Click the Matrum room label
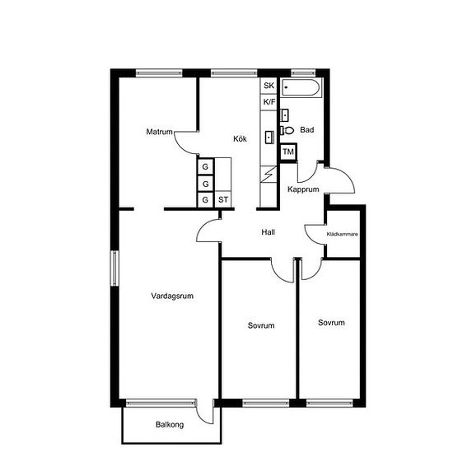coord(159,132)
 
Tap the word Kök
coord(240,139)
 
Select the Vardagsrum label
coord(172,296)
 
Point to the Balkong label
coord(170,425)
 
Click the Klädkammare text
coord(343,234)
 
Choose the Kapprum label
coord(303,189)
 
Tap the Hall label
coord(269,232)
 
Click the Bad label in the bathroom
coord(307,130)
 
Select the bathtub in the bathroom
coord(301,87)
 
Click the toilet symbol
coord(287,131)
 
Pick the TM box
coord(288,152)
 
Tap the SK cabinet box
coord(269,86)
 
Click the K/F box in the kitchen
coord(269,102)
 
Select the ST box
coord(223,199)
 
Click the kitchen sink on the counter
coord(270,138)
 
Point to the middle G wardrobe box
coord(205,184)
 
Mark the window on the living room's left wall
coord(114,269)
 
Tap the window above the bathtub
coord(303,73)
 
